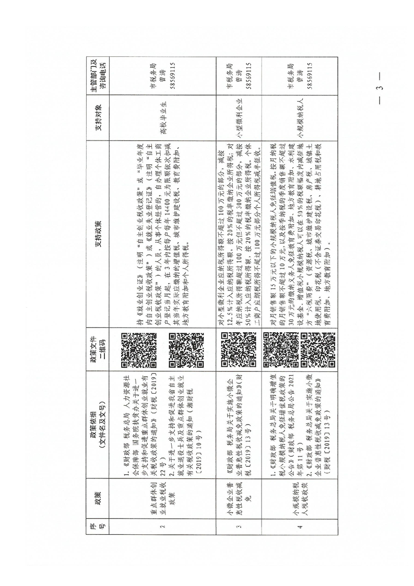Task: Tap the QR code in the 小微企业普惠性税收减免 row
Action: [238, 347]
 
